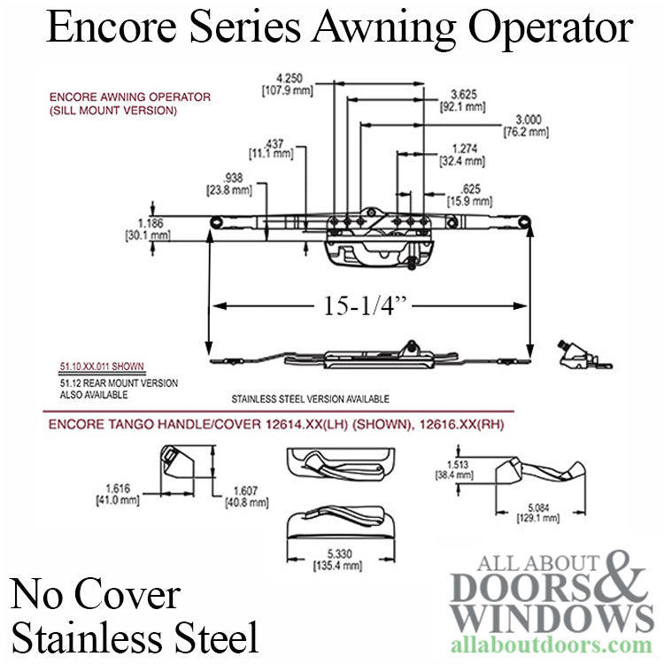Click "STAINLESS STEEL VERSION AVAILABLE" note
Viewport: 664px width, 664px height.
click(297, 399)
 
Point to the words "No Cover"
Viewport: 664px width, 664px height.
click(94, 594)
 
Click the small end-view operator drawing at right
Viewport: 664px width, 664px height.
click(575, 354)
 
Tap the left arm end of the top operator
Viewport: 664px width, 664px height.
click(216, 220)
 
